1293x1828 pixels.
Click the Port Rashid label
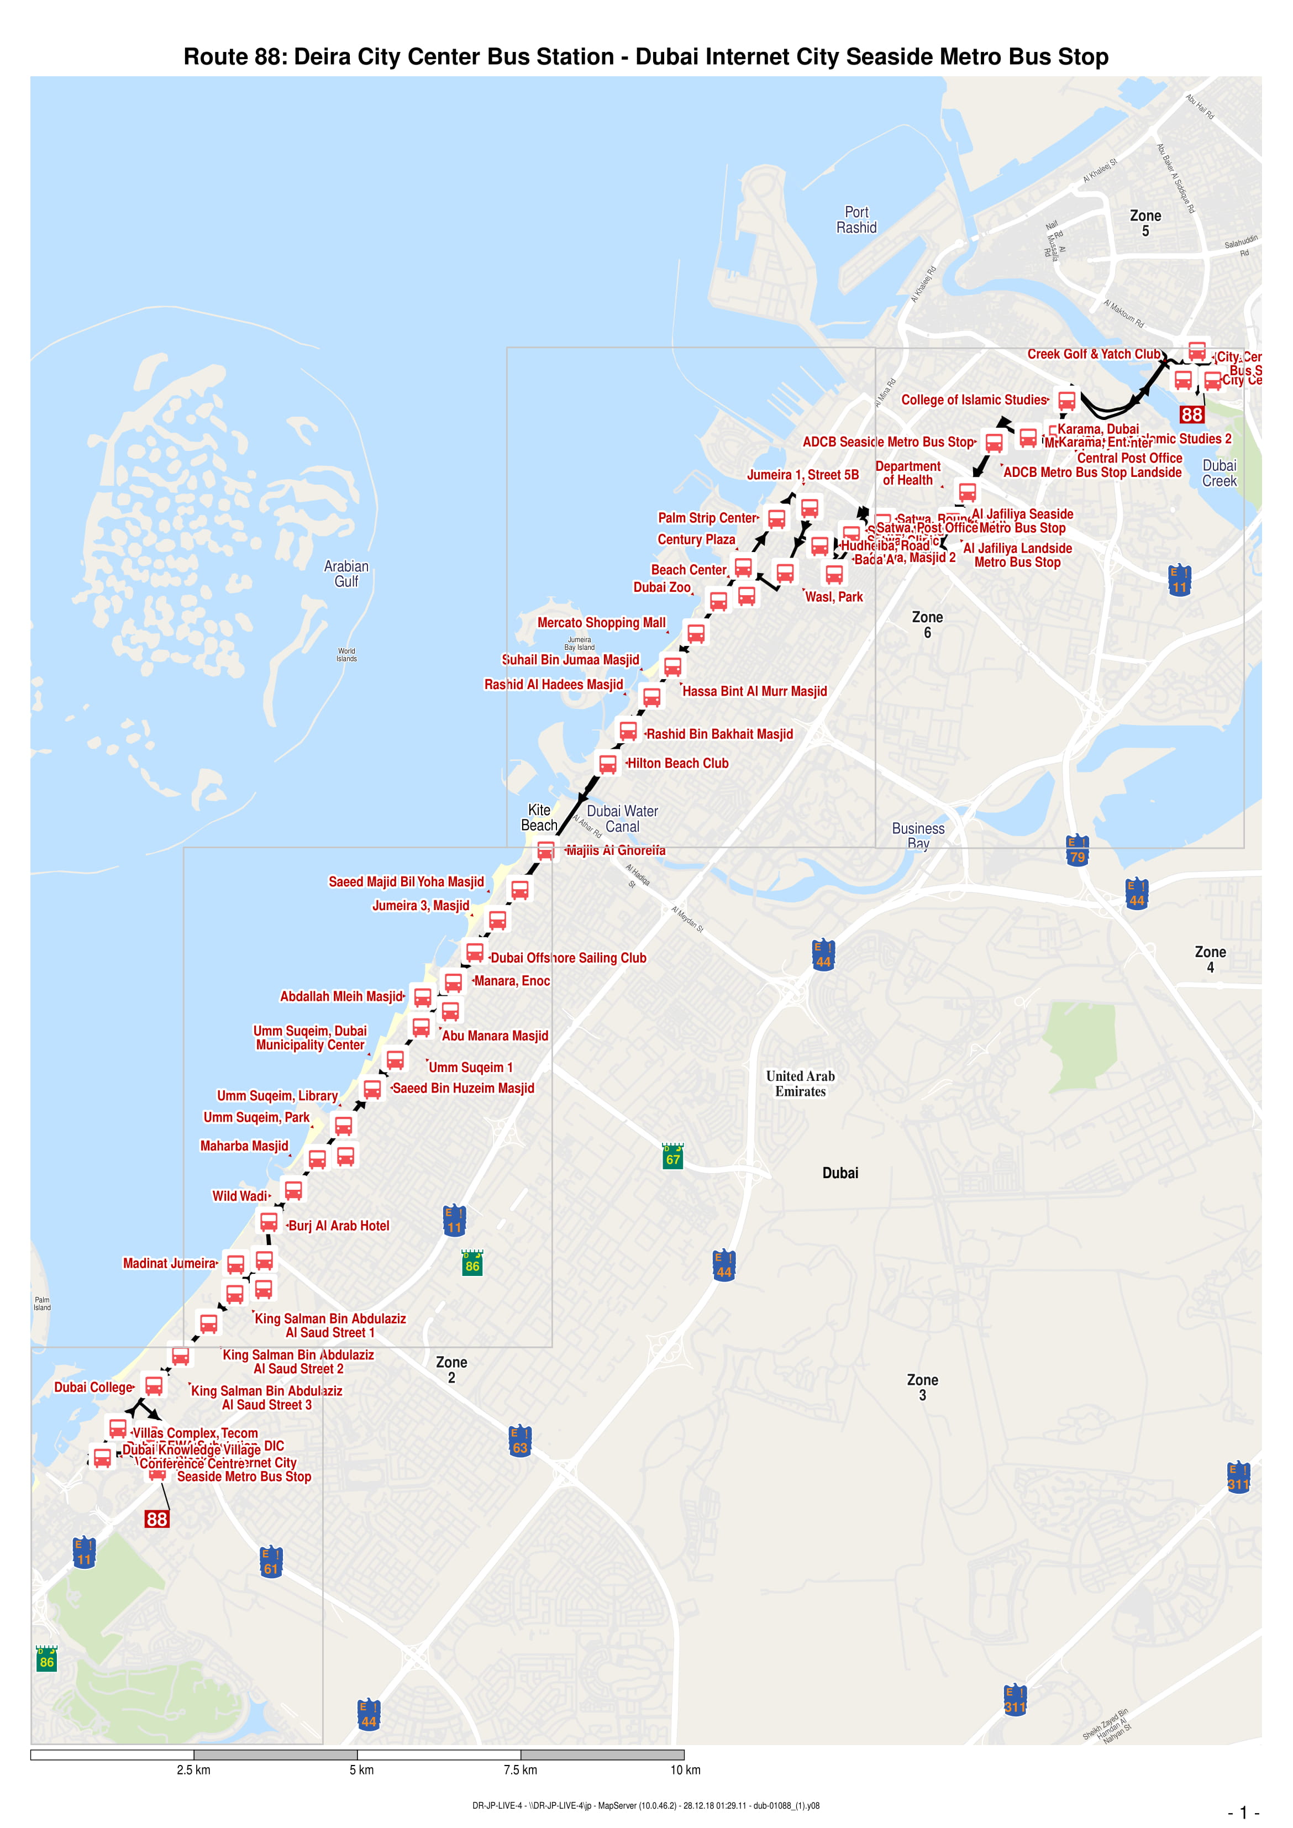pos(856,220)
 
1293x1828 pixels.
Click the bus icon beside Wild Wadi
pos(293,1190)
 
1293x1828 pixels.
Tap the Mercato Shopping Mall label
pos(601,623)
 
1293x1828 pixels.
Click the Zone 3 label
pos(922,1387)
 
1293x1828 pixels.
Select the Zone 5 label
pos(1145,223)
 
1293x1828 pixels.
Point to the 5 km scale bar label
pos(361,1769)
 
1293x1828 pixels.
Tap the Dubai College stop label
pos(93,1387)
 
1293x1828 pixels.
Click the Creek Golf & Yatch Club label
pos(1093,354)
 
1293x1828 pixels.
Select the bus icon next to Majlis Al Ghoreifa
pos(545,850)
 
